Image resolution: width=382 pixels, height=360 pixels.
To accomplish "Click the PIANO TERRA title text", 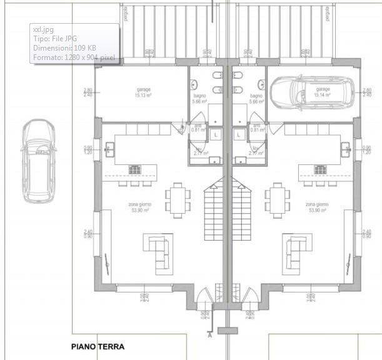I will point(98,346).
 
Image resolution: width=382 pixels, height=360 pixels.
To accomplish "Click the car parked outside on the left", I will point(38,162).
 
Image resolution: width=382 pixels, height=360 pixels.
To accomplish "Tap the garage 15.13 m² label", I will point(143,92).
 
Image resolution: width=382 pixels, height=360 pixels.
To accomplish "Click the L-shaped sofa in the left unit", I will point(158,250).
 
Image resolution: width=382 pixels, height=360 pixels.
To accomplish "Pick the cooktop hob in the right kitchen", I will point(318,169).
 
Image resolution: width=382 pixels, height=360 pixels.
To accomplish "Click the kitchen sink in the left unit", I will point(109,149).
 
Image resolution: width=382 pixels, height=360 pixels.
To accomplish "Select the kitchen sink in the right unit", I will point(344,149).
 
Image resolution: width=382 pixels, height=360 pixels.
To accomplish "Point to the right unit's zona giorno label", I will point(316,207).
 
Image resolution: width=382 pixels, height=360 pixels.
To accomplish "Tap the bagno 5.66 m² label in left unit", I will point(199,98).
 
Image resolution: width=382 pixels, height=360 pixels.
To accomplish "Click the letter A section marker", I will point(209,335).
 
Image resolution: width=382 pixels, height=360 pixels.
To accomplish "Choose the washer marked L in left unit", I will point(216,134).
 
